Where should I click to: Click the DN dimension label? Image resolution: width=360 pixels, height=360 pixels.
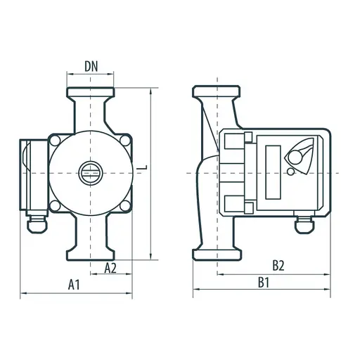click(91, 67)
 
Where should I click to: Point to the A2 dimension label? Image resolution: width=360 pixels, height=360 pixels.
click(110, 267)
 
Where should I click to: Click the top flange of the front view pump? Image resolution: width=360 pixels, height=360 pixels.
click(89, 94)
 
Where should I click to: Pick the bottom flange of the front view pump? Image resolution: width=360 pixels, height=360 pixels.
click(89, 252)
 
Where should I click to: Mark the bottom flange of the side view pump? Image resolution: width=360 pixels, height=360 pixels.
click(217, 252)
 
